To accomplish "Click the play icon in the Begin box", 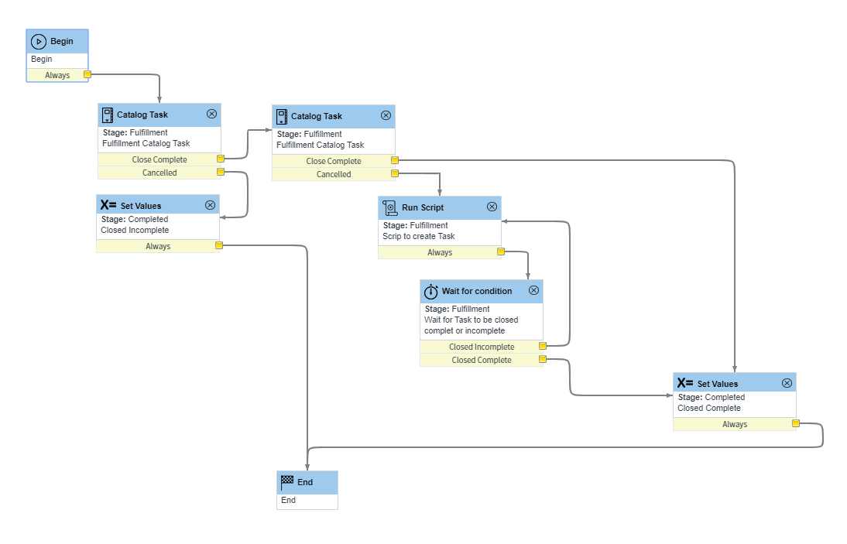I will point(39,41).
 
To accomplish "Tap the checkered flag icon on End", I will point(287,481).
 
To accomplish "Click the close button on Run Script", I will point(492,207).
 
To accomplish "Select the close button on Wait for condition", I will point(533,290).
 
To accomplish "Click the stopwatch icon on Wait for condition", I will point(431,291).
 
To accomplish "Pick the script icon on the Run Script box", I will point(390,207).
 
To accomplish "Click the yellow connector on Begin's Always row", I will point(87,74).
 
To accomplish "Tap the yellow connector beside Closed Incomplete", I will point(543,346).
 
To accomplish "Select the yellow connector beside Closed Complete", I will point(543,359).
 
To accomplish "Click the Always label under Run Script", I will point(440,252).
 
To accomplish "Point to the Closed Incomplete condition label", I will point(482,347).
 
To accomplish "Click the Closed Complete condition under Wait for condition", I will point(482,360).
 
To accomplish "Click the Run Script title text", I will point(423,207).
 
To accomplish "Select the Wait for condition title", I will point(477,291).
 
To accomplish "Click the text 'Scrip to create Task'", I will point(419,236).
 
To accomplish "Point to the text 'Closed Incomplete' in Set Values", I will point(135,230).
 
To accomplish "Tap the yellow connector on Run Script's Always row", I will point(501,251).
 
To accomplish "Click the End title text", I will point(305,482).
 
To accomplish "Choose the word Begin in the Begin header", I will point(62,41).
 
